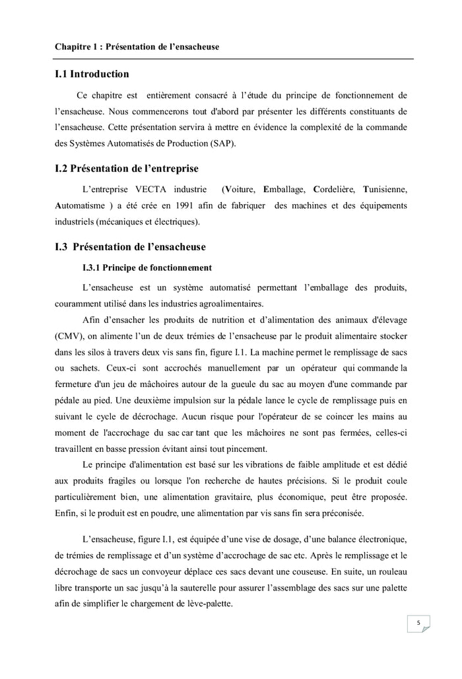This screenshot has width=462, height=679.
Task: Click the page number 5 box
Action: (x=418, y=624)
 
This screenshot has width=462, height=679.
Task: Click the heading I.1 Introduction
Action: (x=92, y=74)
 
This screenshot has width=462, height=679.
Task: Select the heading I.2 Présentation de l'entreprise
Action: (x=127, y=168)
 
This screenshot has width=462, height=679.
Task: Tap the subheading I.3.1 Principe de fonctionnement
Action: (x=147, y=268)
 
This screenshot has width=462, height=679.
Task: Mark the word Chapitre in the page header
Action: (x=74, y=47)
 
